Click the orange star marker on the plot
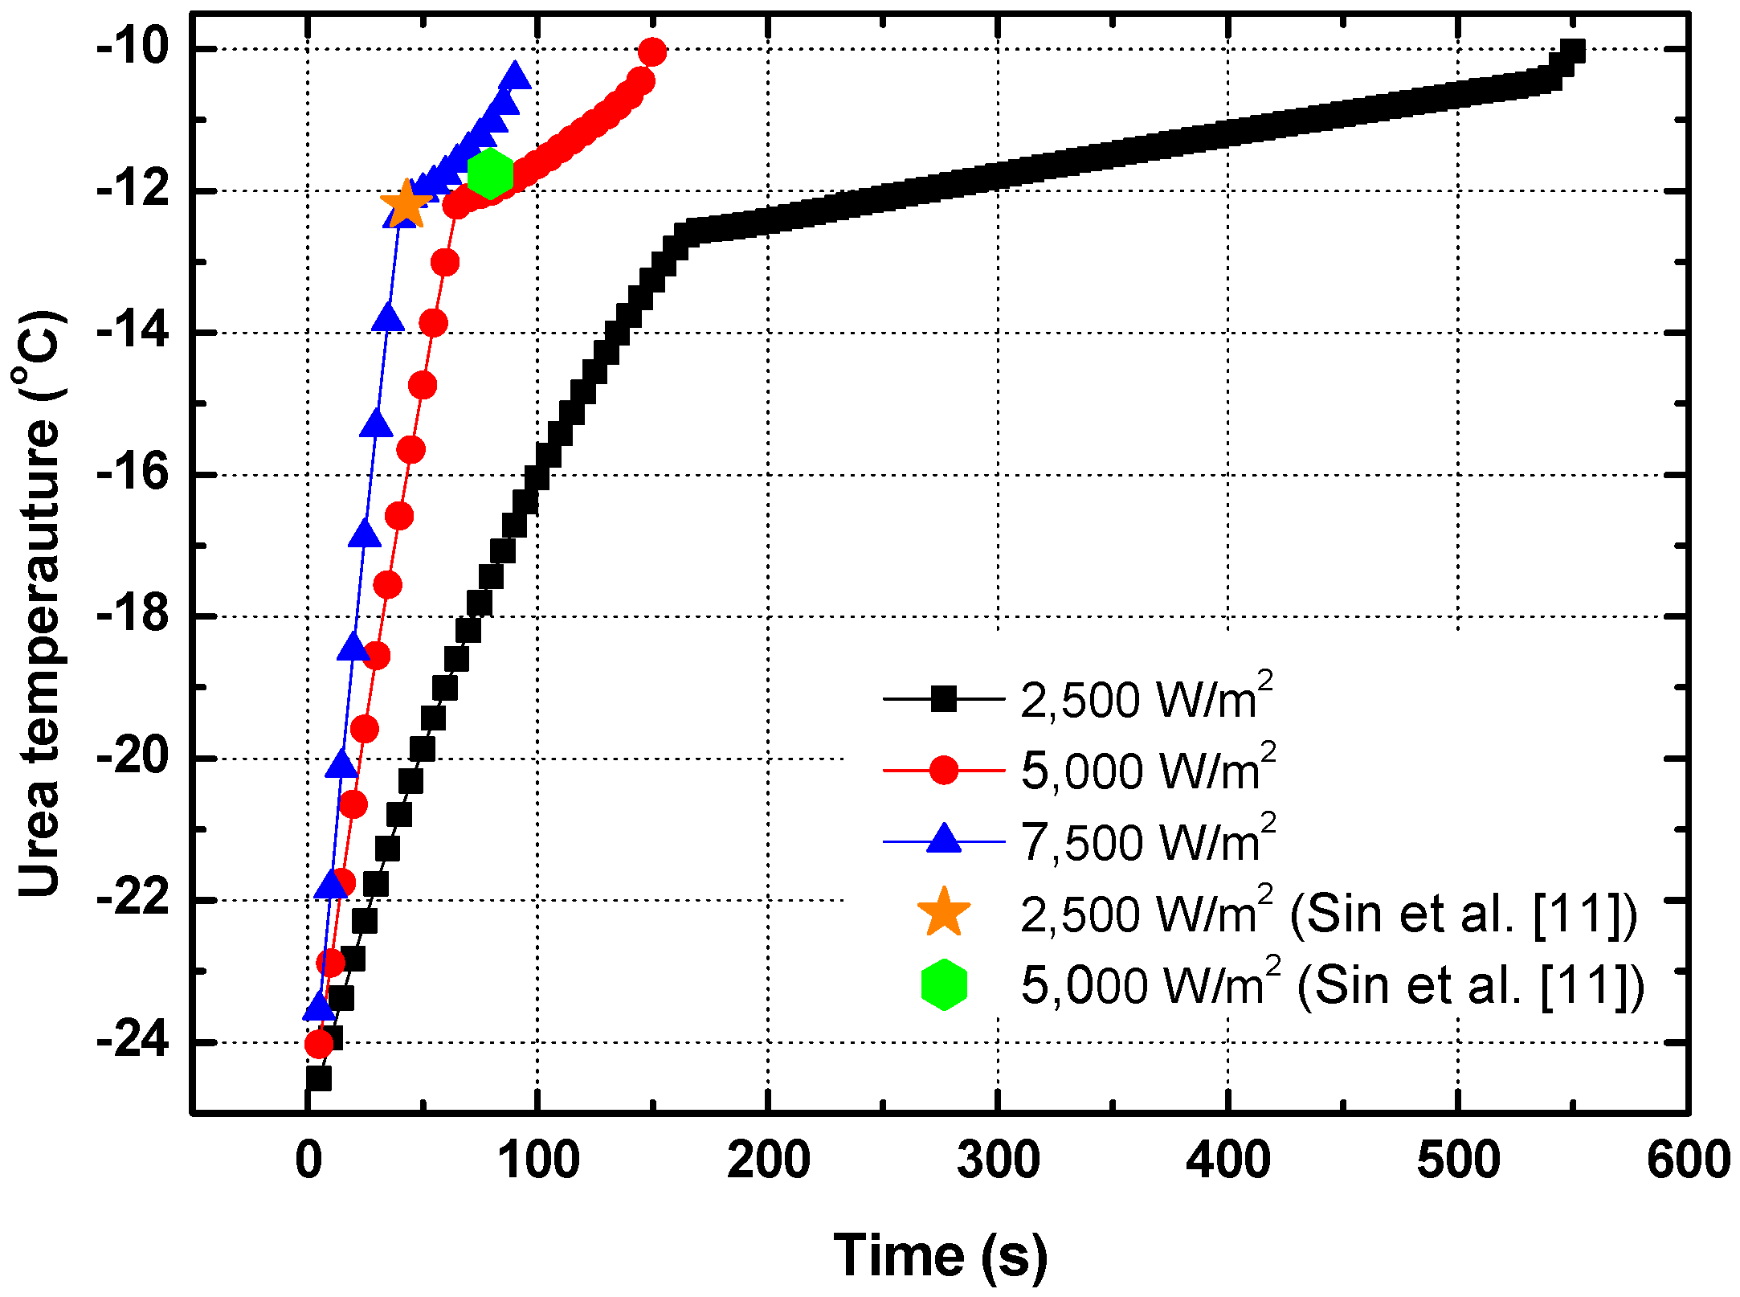click(x=406, y=204)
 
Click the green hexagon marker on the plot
click(x=490, y=173)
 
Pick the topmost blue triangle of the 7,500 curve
click(x=514, y=76)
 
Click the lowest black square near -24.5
click(x=319, y=1078)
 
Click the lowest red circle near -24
click(x=319, y=1044)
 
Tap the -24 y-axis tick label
click(x=133, y=1041)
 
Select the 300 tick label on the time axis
click(x=998, y=1160)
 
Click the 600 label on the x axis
click(x=1687, y=1160)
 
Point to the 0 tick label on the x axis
click(x=308, y=1160)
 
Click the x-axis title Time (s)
click(x=940, y=1255)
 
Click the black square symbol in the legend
click(x=943, y=699)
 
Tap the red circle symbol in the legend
click(x=943, y=770)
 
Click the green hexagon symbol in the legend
click(x=943, y=984)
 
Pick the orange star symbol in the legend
click(x=943, y=913)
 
